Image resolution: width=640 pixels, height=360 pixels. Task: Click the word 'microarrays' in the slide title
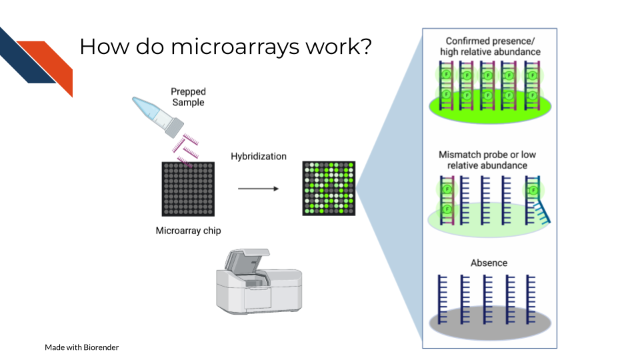click(235, 47)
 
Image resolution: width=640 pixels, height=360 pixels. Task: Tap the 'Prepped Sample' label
click(188, 97)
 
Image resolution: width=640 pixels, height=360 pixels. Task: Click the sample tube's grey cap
click(174, 127)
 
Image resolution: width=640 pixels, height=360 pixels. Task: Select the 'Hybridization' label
click(259, 156)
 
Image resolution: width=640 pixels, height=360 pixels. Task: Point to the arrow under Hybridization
click(259, 189)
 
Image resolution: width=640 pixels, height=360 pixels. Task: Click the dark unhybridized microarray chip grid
click(188, 189)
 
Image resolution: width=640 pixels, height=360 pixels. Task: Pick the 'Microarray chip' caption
click(188, 231)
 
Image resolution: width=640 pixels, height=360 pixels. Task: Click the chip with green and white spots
click(329, 188)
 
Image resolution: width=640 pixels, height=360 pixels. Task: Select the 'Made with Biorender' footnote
click(81, 347)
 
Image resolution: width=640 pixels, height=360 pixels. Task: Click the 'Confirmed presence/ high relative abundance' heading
click(490, 47)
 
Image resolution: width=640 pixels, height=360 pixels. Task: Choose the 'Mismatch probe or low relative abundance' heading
click(487, 160)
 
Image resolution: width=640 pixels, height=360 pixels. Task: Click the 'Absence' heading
click(489, 263)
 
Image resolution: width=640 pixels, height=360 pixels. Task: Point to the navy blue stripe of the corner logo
click(25, 57)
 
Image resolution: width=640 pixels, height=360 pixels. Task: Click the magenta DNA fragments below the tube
click(186, 149)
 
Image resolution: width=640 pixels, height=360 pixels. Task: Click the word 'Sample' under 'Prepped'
click(188, 103)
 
